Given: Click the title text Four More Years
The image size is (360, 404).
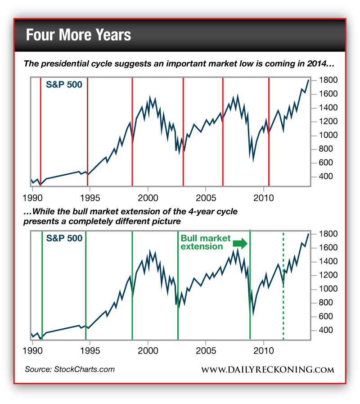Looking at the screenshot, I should pyautogui.click(x=78, y=35).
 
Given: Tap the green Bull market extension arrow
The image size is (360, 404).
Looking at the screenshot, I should pyautogui.click(x=240, y=244).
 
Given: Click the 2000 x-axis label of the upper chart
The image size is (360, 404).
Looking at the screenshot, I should pyautogui.click(x=148, y=198).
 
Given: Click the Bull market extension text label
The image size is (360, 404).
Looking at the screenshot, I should pyautogui.click(x=205, y=242).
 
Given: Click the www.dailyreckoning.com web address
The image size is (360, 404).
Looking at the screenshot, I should pyautogui.click(x=267, y=370).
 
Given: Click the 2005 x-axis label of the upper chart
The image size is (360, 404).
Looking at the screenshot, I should pyautogui.click(x=206, y=198).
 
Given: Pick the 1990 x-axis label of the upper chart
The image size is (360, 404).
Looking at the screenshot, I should pyautogui.click(x=32, y=198).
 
